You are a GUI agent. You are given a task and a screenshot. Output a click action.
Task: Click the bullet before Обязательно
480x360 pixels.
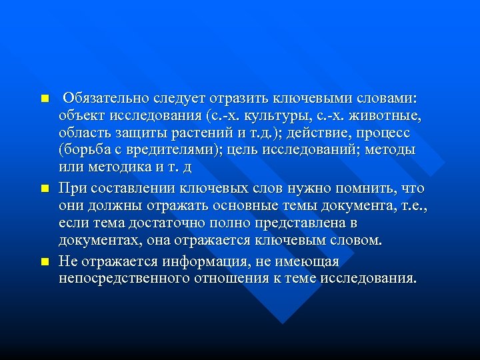[x=45, y=99]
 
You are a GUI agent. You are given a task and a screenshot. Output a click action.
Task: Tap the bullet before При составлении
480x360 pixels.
[x=45, y=189]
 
